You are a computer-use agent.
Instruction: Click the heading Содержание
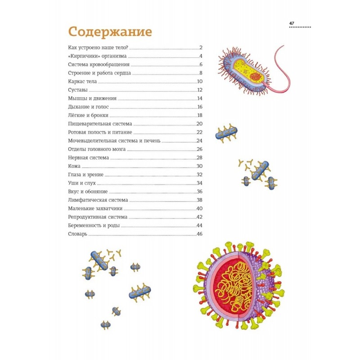point(110,32)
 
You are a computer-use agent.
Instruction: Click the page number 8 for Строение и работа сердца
point(201,73)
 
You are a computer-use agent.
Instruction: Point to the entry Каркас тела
point(82,81)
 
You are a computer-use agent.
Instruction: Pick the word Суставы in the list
point(77,90)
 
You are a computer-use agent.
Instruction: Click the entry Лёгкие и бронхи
point(88,115)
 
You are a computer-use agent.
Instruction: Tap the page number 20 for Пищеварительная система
point(200,124)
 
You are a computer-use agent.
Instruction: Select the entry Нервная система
point(88,157)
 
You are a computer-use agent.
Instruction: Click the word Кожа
point(74,166)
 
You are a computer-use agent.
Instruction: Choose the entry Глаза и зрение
point(85,175)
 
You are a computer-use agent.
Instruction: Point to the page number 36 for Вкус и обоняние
point(200,191)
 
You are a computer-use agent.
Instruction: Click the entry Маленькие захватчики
point(95,208)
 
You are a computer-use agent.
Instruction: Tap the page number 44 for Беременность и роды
point(200,225)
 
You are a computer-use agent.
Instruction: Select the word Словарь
point(78,234)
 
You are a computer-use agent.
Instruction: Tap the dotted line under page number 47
point(299,27)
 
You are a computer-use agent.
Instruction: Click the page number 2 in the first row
point(201,48)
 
